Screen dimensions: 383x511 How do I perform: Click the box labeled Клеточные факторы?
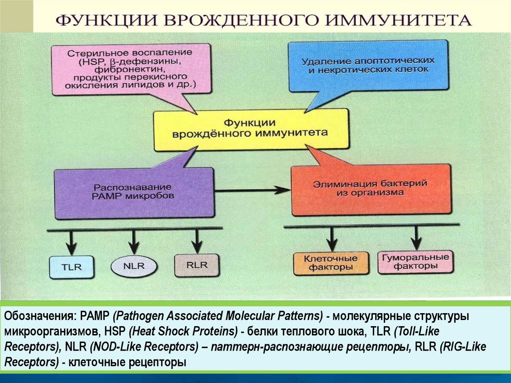[x=331, y=263]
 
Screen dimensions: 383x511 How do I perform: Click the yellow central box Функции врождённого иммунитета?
[x=250, y=128]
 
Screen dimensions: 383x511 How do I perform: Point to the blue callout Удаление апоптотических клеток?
[x=368, y=65]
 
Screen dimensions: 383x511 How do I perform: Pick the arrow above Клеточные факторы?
[x=331, y=239]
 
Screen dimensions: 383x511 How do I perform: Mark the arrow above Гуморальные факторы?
[x=415, y=237]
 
